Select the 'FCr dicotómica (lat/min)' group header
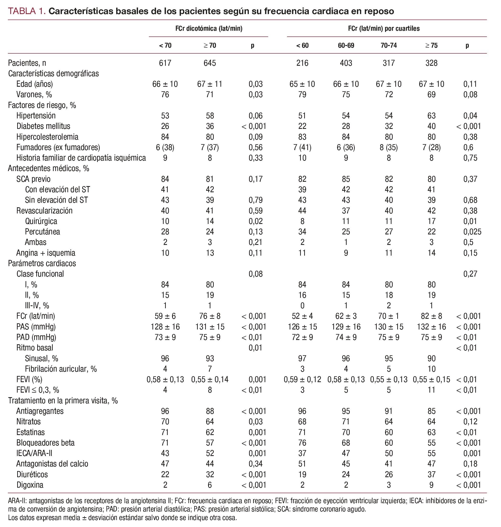209,29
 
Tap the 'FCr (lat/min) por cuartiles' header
384,29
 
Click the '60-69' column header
346,46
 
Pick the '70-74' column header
389,46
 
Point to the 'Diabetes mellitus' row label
43,126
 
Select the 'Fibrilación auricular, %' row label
61,369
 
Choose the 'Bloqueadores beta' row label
45,443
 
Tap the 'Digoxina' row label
30,485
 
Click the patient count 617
165,63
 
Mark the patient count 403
346,63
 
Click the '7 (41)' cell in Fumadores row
302,147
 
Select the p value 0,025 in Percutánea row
472,232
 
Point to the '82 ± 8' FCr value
431,316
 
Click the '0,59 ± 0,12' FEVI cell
302,379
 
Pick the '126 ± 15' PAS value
302,327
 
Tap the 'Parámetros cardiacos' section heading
42,263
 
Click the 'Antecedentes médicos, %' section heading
48,168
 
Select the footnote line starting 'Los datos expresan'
122,518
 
